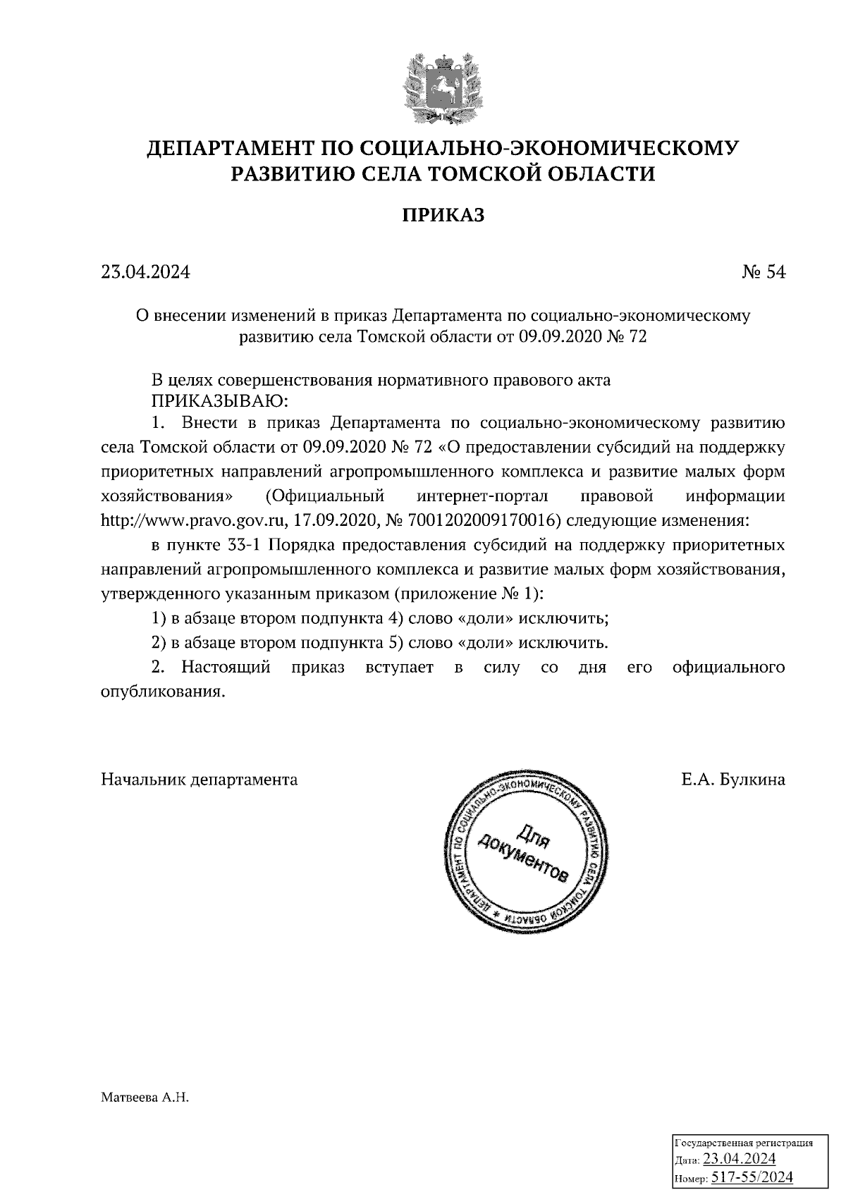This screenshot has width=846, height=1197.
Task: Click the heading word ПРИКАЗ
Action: pyautogui.click(x=443, y=215)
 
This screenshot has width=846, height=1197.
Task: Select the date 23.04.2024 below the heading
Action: pyautogui.click(x=145, y=272)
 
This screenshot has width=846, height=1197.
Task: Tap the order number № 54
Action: pyautogui.click(x=763, y=272)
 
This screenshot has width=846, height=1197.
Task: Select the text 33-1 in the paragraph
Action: pyautogui.click(x=247, y=546)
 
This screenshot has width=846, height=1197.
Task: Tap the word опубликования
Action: pyautogui.click(x=163, y=692)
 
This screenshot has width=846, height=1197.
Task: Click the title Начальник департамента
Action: pyautogui.click(x=200, y=780)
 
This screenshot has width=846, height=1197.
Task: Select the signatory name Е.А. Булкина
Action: pyautogui.click(x=732, y=780)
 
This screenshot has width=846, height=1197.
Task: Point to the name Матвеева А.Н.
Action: pyautogui.click(x=146, y=1098)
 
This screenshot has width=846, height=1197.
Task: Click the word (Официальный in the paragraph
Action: pyautogui.click(x=325, y=496)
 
